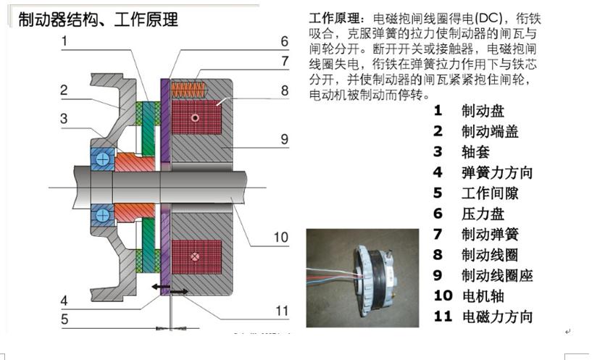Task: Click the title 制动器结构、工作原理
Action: coord(98,19)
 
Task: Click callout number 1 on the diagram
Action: coord(64,41)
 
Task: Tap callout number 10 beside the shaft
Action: coord(281,237)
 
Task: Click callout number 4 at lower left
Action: coord(64,301)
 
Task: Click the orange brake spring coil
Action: coord(191,90)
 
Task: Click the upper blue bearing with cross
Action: coord(101,159)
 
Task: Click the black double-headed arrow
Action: coord(169,291)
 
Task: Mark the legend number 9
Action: coord(438,275)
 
